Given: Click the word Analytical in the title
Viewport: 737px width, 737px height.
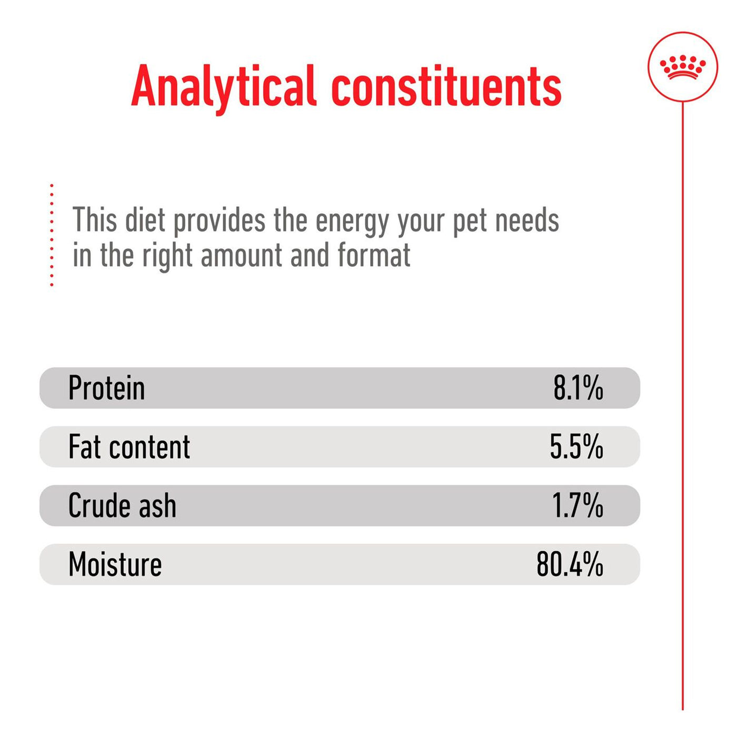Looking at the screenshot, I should tap(223, 87).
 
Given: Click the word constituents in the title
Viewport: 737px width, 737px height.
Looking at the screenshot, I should tap(446, 87).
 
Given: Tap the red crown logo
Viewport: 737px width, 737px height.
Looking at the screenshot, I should tap(682, 67).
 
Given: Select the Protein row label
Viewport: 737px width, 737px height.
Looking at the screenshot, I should tap(106, 389).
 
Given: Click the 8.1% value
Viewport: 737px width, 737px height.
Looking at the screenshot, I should tap(577, 389).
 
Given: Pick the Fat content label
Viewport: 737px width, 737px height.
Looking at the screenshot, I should tap(129, 447).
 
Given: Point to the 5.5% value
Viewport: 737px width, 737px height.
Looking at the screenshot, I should tap(576, 447).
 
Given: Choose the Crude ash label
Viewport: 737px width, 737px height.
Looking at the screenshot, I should tap(122, 506).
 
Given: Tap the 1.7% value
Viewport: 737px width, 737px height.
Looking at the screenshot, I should tap(577, 506).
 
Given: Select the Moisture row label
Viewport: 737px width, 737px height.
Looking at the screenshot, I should tap(115, 565).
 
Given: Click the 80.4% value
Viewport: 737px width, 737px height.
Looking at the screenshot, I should tap(569, 565).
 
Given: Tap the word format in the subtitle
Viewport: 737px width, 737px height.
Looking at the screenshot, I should tap(374, 256).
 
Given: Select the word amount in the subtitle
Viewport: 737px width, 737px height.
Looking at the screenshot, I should tap(242, 256).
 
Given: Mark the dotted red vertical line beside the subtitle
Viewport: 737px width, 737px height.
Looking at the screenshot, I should tap(52, 235).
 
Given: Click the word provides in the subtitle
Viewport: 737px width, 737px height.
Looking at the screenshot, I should tap(220, 221).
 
